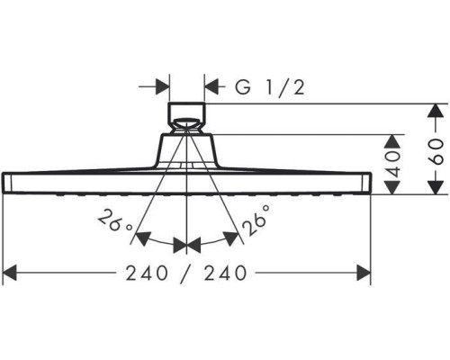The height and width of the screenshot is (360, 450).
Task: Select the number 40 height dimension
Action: (392, 163)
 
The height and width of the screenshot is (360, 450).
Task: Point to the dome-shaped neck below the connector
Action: (186, 149)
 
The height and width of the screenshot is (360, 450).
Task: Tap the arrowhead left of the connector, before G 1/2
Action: (161, 87)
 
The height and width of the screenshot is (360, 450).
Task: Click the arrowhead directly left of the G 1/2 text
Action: (211, 87)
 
